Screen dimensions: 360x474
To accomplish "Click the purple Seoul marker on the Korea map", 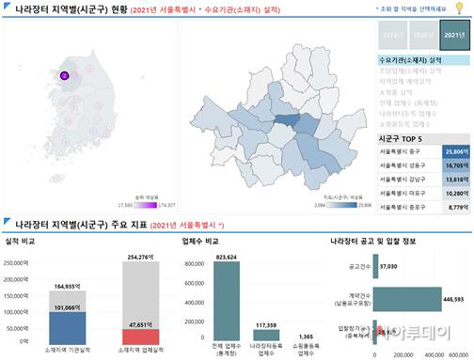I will coord(64,75).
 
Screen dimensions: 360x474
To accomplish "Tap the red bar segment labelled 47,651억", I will coord(146,336).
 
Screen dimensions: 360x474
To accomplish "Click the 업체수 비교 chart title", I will coord(199,241).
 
